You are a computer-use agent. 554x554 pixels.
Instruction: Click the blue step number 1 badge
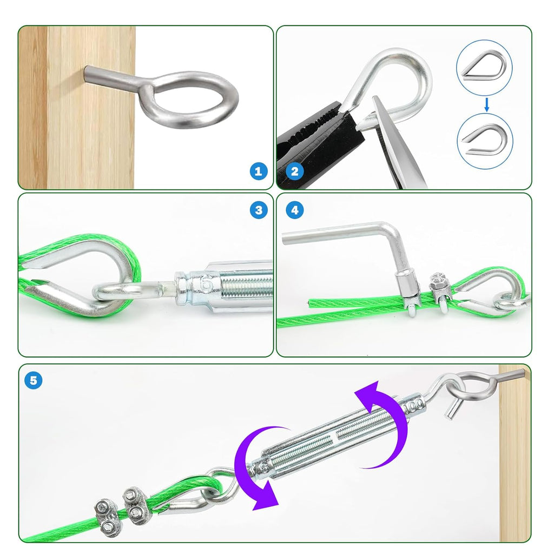click(259, 172)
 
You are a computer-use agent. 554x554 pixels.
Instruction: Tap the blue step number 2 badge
click(294, 172)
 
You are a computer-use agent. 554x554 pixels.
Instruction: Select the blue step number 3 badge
click(259, 210)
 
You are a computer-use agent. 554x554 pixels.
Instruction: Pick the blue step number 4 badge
click(294, 210)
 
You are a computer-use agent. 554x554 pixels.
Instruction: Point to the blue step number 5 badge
click(34, 380)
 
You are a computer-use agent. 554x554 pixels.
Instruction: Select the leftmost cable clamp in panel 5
click(107, 515)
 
